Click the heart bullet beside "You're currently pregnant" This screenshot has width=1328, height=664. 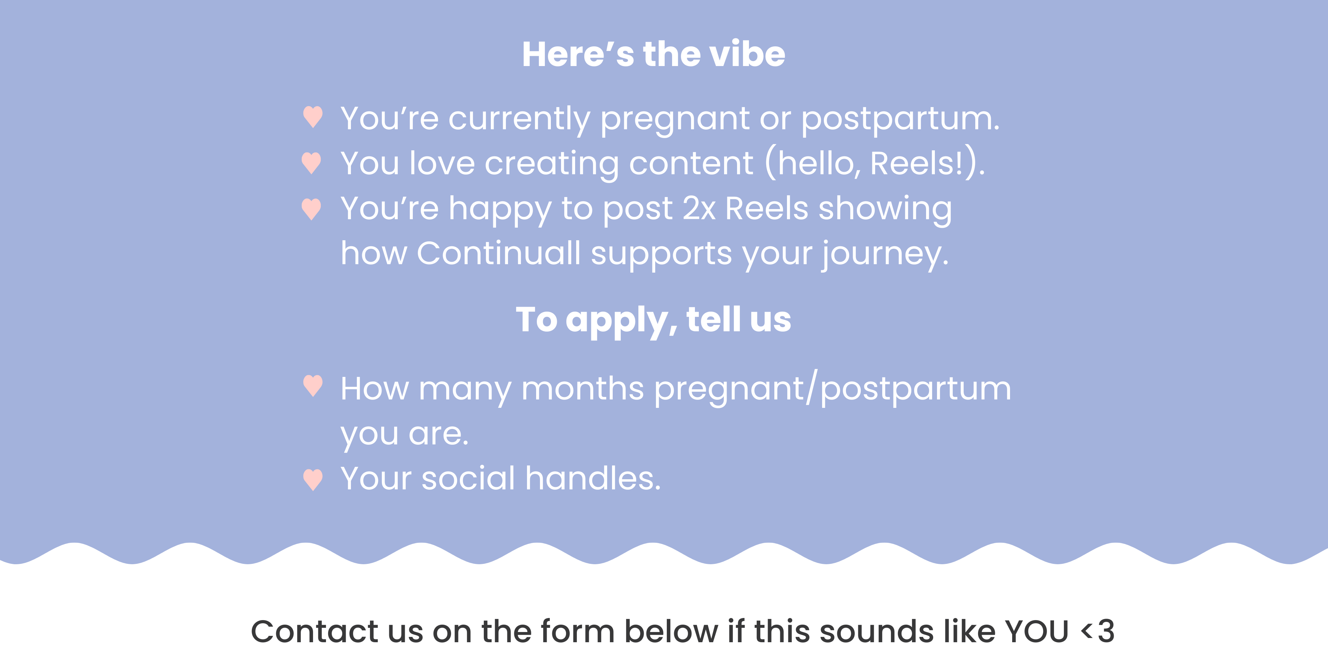point(313,117)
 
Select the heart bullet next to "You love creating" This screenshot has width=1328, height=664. point(311,163)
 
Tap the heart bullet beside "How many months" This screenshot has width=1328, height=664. point(313,386)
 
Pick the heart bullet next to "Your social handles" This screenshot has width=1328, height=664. point(313,480)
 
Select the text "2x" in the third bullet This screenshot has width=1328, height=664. point(699,208)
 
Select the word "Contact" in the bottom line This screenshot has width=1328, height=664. point(314,632)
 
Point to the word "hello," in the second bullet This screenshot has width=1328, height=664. point(820,163)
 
